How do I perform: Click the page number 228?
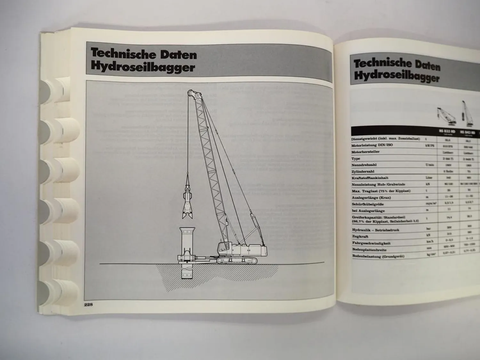[88, 305]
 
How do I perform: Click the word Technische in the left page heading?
[118, 54]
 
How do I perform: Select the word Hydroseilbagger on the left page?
[143, 68]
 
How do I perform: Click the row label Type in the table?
[356, 158]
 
